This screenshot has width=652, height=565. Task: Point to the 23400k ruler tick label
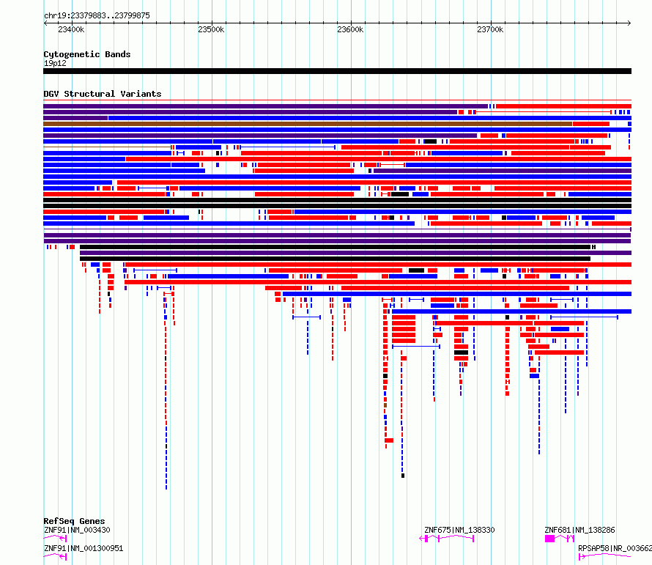click(x=71, y=30)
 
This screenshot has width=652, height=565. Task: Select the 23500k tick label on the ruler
click(x=211, y=30)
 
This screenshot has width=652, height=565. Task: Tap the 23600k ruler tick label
click(x=350, y=30)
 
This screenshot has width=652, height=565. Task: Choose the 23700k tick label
click(x=489, y=30)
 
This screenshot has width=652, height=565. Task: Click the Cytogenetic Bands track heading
click(x=86, y=54)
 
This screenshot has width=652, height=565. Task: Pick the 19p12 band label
click(x=54, y=63)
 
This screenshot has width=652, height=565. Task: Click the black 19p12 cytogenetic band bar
click(x=337, y=71)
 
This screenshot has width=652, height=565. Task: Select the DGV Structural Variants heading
click(x=102, y=94)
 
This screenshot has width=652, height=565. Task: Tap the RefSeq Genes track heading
click(x=74, y=522)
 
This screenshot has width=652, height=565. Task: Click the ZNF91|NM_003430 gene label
click(x=77, y=530)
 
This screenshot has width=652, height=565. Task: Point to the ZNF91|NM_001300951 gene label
click(x=83, y=548)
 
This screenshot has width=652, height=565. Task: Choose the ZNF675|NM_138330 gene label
click(x=459, y=530)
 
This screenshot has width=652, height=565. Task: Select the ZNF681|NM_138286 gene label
click(x=579, y=530)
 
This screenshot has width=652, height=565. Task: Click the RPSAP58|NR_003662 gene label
click(x=615, y=548)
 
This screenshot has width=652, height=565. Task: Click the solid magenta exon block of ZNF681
click(x=550, y=539)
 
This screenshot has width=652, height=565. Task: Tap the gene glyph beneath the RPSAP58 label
click(x=604, y=557)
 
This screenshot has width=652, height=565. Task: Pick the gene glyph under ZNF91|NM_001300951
click(x=56, y=557)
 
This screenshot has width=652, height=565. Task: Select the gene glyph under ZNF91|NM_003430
click(x=56, y=539)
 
